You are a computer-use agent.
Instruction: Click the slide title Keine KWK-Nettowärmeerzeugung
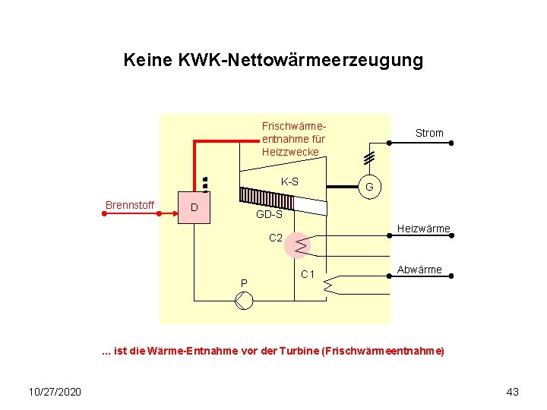click(273, 60)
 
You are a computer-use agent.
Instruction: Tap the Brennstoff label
click(130, 205)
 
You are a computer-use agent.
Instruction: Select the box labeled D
click(194, 208)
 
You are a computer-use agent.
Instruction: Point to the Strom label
click(429, 133)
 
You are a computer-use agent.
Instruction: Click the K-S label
click(289, 181)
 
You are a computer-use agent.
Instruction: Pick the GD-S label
click(269, 215)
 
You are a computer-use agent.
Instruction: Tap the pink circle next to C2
click(299, 245)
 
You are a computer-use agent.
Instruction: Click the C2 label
click(276, 238)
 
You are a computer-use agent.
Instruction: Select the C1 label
click(308, 273)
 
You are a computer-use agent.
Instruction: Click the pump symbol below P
click(244, 301)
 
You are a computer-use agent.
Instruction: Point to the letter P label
click(244, 283)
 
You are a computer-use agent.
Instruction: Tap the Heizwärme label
click(424, 229)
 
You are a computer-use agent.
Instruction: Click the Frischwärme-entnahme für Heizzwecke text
click(293, 139)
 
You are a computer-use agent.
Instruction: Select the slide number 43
click(512, 392)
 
